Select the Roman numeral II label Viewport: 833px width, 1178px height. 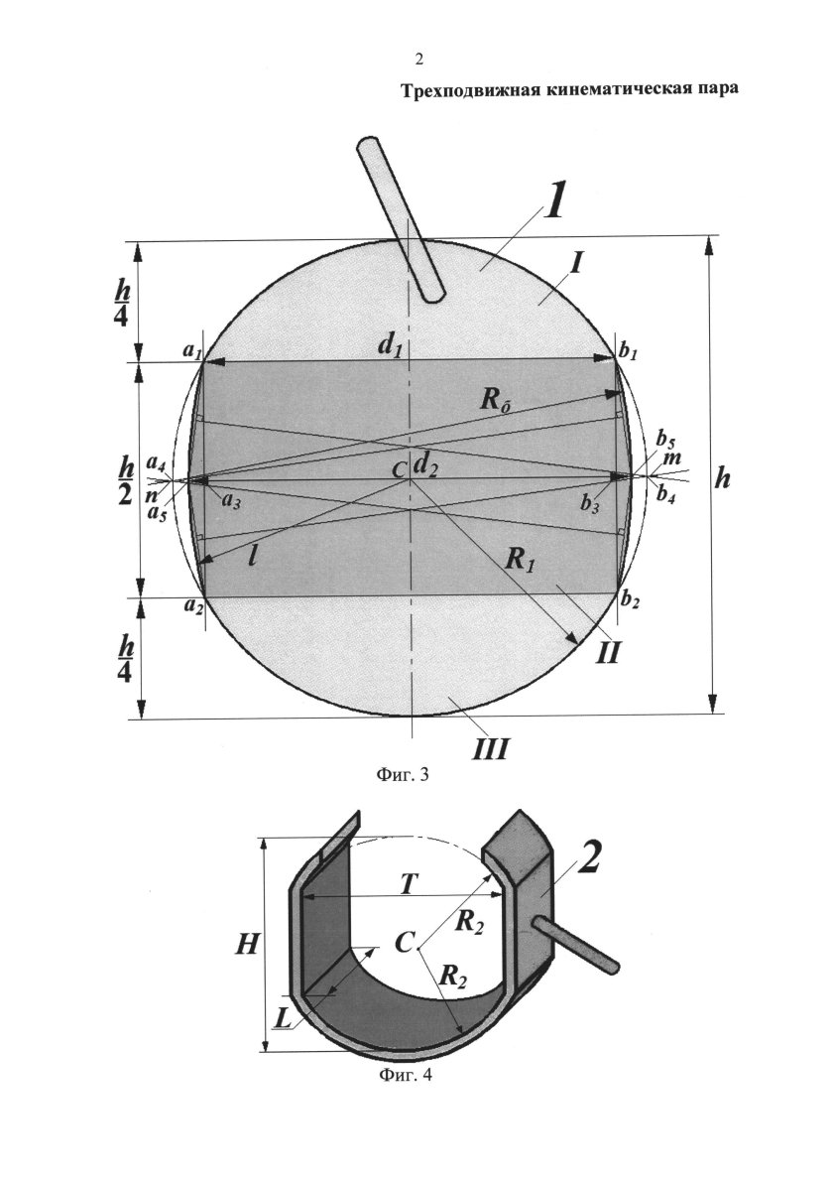point(609,652)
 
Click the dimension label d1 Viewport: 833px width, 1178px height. point(390,346)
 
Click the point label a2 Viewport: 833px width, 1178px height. point(192,606)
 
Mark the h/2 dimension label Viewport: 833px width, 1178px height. point(125,480)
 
